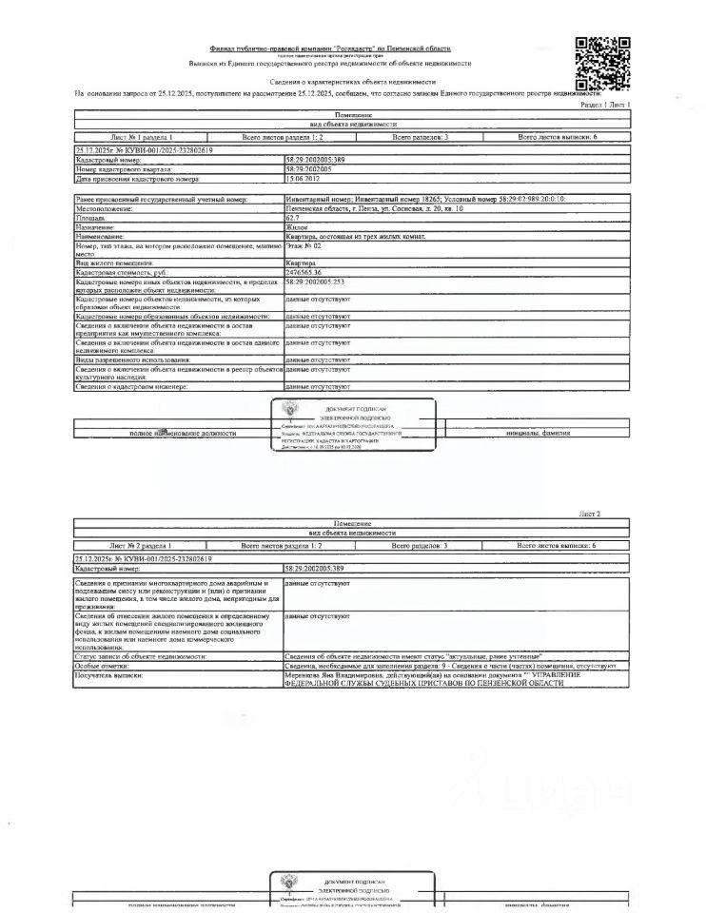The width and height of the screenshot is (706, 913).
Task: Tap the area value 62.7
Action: pos(292,217)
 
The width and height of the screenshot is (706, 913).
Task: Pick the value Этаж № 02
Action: pos(303,246)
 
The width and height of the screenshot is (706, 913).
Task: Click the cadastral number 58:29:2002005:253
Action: pos(316,282)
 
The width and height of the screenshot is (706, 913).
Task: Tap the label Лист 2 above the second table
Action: pos(590,514)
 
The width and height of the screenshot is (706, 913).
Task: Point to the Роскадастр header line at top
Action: pos(330,48)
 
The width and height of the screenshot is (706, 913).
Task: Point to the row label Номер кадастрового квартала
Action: pos(124,169)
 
